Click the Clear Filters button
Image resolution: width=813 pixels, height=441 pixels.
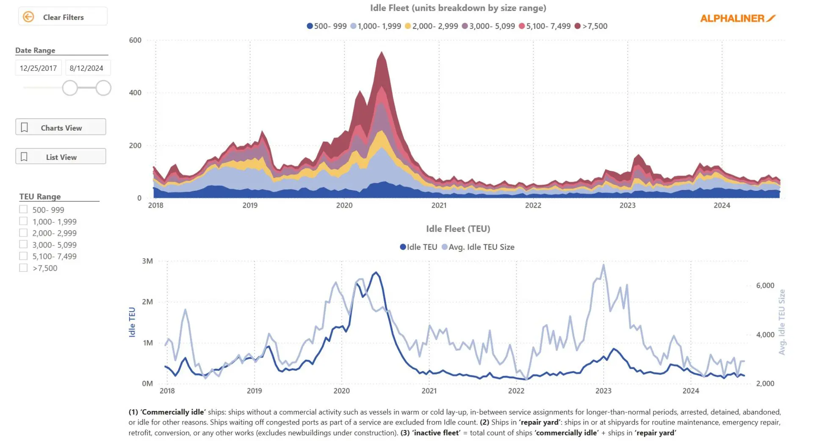coord(63,17)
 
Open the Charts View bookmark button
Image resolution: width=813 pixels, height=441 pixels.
coord(61,127)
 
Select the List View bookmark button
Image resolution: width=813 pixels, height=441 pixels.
coord(61,157)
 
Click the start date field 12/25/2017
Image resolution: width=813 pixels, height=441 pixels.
coord(38,68)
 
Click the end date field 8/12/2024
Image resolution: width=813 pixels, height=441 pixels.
coord(86,68)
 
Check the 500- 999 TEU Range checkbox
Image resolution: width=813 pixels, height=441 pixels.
coord(23,209)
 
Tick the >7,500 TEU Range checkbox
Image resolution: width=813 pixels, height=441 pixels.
coord(23,268)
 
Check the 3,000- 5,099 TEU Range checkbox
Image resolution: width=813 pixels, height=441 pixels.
coord(23,244)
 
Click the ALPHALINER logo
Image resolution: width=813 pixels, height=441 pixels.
coord(737,18)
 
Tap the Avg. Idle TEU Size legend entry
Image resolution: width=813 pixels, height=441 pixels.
coord(481,247)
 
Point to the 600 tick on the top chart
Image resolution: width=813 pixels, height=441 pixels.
coord(135,40)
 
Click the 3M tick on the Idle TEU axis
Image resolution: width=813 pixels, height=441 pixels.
coord(147,261)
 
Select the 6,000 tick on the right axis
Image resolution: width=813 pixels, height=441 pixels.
coord(765,286)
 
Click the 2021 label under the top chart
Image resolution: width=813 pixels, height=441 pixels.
coord(439,206)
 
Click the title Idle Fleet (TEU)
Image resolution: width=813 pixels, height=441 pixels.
coord(458,229)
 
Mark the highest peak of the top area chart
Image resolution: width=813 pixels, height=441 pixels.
coord(382,52)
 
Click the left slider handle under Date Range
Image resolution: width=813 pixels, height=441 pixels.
coord(70,88)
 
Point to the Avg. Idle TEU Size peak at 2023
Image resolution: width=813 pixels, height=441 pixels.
coord(603,265)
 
